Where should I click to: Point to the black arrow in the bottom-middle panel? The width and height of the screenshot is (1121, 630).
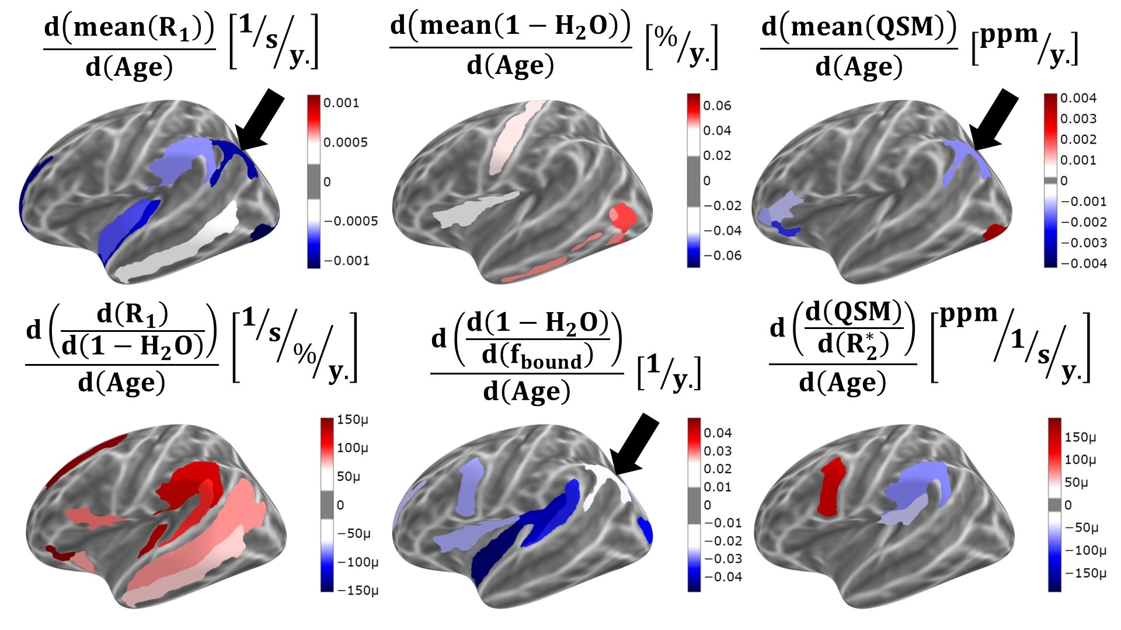point(635,445)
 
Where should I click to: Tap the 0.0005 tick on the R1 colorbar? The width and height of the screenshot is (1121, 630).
point(345,142)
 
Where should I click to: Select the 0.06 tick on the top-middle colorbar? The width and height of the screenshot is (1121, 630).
point(717,106)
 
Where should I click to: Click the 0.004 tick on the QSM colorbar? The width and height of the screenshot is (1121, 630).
point(1078,98)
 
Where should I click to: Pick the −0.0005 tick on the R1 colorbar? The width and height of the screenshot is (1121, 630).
point(350,221)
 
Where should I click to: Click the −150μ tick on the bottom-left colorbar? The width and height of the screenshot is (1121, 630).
point(357,590)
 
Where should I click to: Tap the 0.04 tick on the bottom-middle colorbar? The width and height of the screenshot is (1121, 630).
point(717,433)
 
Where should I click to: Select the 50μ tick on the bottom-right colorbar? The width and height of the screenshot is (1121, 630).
point(1075,482)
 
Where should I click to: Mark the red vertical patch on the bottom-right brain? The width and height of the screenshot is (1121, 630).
point(831,487)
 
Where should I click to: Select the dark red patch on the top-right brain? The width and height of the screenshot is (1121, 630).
point(995,232)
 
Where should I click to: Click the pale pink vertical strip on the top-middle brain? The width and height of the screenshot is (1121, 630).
point(512,136)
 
